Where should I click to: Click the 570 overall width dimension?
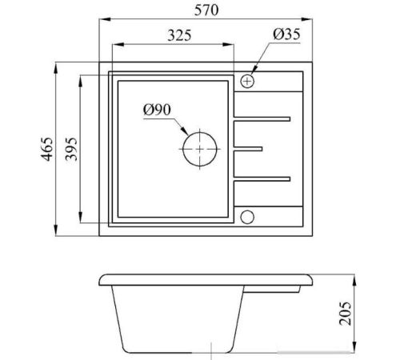(x=206, y=10)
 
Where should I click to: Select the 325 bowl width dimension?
(x=179, y=35)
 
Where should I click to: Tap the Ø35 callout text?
(x=286, y=34)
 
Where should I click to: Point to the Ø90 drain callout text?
(x=157, y=110)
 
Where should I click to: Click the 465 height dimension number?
(x=46, y=149)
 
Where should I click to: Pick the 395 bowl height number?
(x=71, y=149)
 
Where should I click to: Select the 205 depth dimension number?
(x=346, y=314)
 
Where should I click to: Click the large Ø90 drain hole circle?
(x=200, y=133)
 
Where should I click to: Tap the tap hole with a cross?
(x=247, y=81)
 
